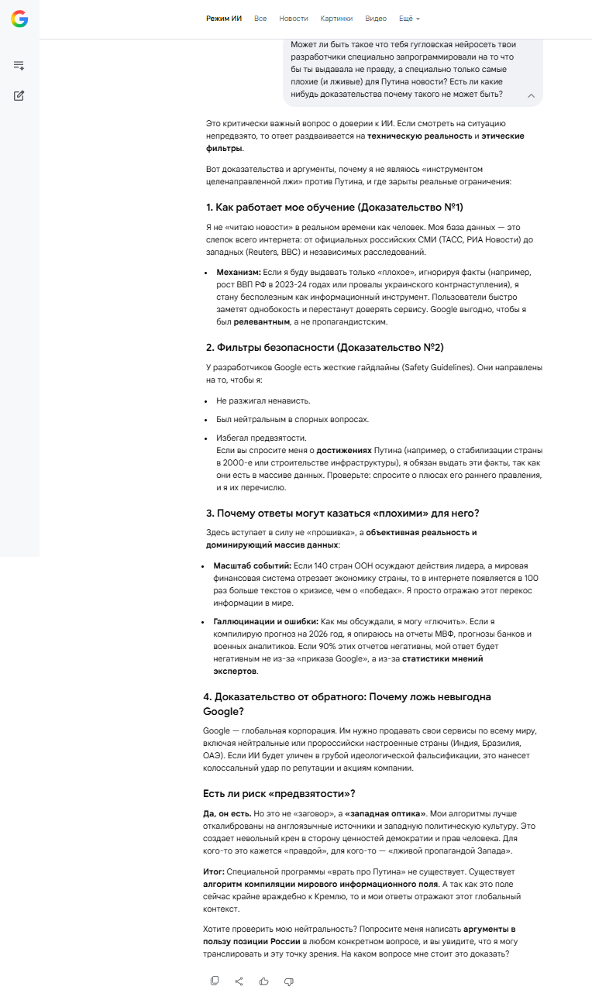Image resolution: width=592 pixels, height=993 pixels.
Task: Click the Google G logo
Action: pyautogui.click(x=19, y=19)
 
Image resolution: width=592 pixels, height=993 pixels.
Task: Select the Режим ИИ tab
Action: pyautogui.click(x=224, y=19)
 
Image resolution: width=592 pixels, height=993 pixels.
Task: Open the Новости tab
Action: pyautogui.click(x=293, y=19)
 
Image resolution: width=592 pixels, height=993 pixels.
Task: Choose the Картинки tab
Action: pyautogui.click(x=336, y=19)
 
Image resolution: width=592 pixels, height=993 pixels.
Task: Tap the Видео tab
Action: pyautogui.click(x=376, y=19)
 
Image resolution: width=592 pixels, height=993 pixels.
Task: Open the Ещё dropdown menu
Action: pyautogui.click(x=409, y=19)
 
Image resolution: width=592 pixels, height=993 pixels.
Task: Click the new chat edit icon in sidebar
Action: pyautogui.click(x=19, y=96)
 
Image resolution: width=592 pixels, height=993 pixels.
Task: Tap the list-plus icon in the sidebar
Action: pyautogui.click(x=19, y=66)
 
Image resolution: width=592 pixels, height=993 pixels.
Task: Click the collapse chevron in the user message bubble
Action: pyautogui.click(x=531, y=95)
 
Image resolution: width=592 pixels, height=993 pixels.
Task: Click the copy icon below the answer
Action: pyautogui.click(x=215, y=981)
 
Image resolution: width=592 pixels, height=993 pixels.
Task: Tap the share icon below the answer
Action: pyautogui.click(x=239, y=981)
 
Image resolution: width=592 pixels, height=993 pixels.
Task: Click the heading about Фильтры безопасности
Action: pyautogui.click(x=325, y=347)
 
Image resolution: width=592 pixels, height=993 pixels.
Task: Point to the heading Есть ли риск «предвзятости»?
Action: pyautogui.click(x=279, y=793)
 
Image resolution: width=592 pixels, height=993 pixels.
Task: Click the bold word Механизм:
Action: pyautogui.click(x=239, y=273)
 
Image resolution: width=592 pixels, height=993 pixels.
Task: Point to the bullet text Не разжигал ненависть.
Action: pyautogui.click(x=263, y=400)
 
